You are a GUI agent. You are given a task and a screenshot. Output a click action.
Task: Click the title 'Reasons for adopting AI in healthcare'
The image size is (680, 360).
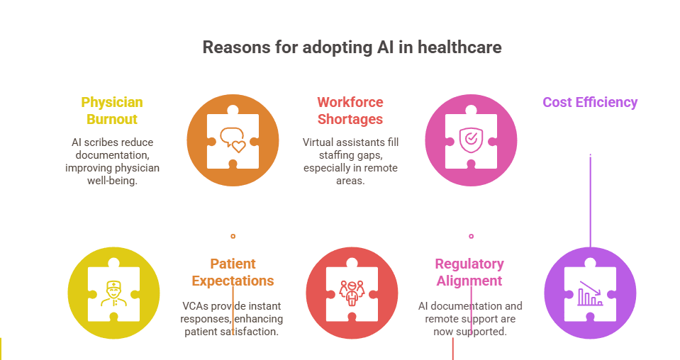(352, 47)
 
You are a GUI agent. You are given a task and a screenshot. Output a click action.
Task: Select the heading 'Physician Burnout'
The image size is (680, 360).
(112, 111)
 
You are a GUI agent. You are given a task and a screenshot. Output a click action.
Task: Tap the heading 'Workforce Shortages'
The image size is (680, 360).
(350, 111)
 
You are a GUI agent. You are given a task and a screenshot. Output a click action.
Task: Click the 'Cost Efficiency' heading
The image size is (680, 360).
(590, 102)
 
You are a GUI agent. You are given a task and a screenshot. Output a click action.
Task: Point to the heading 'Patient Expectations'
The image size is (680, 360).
(233, 272)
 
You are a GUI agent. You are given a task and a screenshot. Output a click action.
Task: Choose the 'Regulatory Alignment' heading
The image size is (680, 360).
(469, 272)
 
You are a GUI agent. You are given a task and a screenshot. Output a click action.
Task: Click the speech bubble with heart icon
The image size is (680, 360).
(233, 140)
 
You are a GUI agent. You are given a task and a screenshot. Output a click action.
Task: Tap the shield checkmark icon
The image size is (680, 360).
(470, 140)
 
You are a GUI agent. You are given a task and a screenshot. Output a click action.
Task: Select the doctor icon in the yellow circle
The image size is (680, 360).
(113, 293)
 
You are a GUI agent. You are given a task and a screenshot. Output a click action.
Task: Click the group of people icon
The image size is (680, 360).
(352, 293)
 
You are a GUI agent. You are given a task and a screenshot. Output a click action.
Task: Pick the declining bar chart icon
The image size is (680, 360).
(590, 293)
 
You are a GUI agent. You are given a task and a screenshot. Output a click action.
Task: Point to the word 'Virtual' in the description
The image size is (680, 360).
(318, 142)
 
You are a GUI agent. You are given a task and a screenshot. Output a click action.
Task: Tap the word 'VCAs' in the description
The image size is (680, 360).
(196, 306)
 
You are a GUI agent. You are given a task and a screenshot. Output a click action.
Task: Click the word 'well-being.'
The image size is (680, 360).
(112, 181)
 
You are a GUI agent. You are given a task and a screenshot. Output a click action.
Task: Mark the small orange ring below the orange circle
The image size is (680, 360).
(233, 236)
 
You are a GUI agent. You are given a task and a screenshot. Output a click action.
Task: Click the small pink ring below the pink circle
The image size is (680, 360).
(471, 236)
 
